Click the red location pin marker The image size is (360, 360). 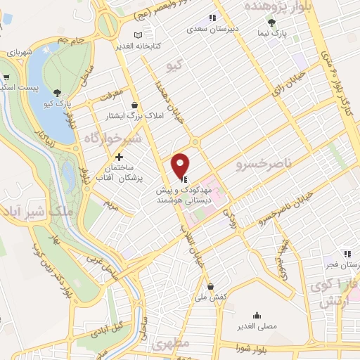click(x=181, y=165)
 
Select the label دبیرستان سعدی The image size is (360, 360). click(x=210, y=30)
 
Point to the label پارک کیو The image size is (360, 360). click(x=58, y=103)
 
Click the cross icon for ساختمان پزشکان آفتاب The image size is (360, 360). click(x=119, y=157)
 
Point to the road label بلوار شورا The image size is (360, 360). click(x=252, y=347)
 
